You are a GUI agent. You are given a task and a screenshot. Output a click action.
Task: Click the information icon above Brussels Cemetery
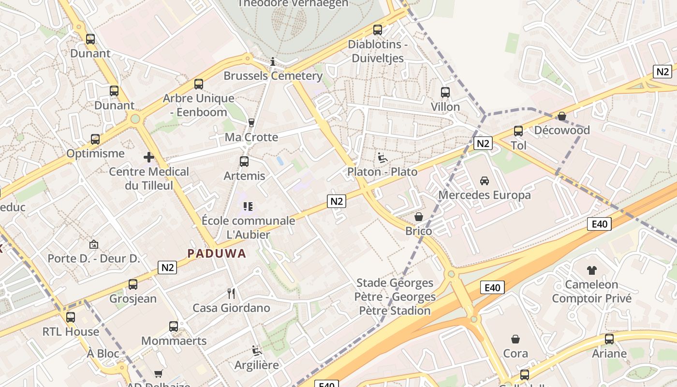click(x=273, y=61)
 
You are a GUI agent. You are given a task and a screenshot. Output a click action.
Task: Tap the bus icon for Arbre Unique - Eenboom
click(x=199, y=84)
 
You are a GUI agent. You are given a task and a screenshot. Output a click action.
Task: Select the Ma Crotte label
click(x=251, y=137)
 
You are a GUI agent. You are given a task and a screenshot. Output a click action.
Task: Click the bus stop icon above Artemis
click(x=244, y=161)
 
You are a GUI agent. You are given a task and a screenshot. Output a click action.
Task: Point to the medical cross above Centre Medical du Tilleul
click(x=149, y=157)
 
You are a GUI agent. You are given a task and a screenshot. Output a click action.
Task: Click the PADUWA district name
click(x=217, y=253)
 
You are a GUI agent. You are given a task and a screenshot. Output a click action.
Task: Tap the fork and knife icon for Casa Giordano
click(x=231, y=293)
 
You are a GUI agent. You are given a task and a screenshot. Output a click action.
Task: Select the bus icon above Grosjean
click(x=133, y=284)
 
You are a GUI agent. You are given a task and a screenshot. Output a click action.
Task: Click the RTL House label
click(x=71, y=332)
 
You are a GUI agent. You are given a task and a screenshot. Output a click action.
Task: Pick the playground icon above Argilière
click(x=257, y=351)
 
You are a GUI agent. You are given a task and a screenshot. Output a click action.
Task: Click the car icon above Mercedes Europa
click(x=484, y=180)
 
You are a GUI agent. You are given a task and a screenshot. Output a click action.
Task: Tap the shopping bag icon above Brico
click(x=419, y=217)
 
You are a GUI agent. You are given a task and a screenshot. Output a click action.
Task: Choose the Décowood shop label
click(x=562, y=130)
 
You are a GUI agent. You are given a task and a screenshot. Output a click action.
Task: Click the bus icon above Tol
click(x=518, y=131)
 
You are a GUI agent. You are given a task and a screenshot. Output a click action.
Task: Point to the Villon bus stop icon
click(x=445, y=92)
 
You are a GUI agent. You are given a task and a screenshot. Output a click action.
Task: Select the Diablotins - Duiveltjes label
click(x=378, y=51)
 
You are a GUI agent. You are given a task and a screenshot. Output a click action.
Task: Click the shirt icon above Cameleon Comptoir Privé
click(x=591, y=270)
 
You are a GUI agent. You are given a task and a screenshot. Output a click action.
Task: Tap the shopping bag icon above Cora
click(x=515, y=339)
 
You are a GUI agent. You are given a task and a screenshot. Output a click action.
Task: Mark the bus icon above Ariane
click(x=609, y=339)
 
